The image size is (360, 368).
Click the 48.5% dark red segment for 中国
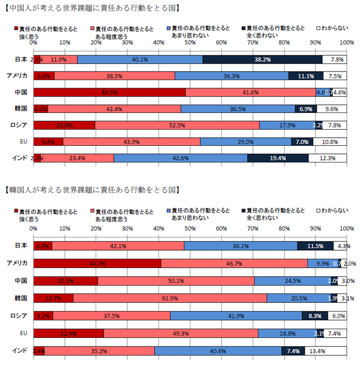110,93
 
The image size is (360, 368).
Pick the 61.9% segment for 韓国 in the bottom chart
170,298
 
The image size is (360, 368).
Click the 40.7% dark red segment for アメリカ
97,263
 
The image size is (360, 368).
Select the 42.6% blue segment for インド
181,158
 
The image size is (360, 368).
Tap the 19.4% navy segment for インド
278,158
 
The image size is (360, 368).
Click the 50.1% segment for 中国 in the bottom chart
176,281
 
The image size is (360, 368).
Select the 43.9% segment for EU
132,141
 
